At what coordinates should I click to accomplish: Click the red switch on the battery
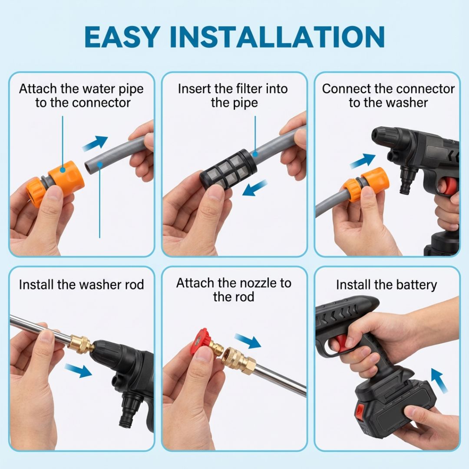[x=360, y=411]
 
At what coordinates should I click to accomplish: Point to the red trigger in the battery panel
[x=341, y=343]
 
